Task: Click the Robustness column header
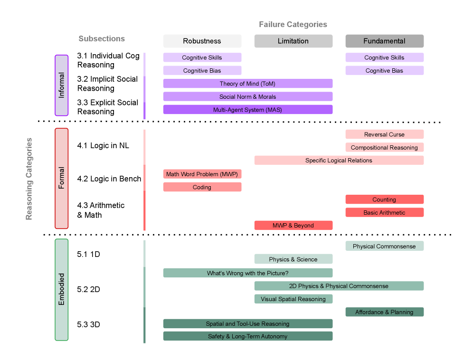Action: point(202,41)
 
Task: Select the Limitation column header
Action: point(293,41)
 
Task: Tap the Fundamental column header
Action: point(384,41)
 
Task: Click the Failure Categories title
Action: point(293,24)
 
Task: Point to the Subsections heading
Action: point(102,39)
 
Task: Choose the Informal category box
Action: point(62,85)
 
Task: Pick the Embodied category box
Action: point(62,290)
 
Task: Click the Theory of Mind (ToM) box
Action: point(247,84)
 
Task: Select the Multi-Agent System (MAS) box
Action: point(247,110)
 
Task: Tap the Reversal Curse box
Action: point(384,134)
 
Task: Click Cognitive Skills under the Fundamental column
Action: point(384,57)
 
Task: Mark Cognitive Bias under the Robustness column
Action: point(202,71)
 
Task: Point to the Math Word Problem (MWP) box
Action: point(202,174)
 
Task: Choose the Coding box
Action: point(202,187)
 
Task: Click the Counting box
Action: point(384,199)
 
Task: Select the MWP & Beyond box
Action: point(293,226)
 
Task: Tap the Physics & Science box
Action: point(293,259)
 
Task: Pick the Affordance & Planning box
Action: point(384,312)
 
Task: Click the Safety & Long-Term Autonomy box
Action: point(247,336)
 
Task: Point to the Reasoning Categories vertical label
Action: point(29,179)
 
